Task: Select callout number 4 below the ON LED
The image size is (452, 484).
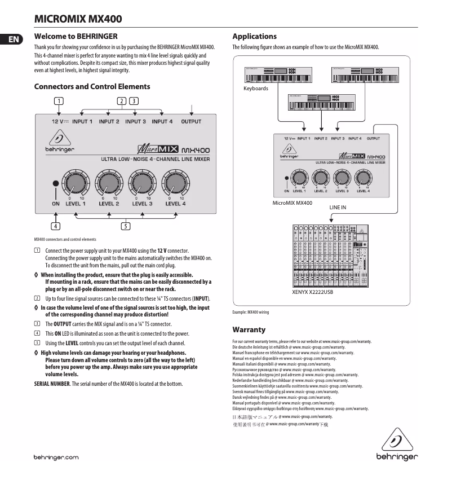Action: [x=55, y=227]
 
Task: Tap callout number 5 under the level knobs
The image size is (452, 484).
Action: [x=125, y=227]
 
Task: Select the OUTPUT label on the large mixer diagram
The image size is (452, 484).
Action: [x=191, y=121]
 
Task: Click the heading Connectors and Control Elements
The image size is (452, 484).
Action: [x=92, y=86]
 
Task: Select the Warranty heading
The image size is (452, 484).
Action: [x=249, y=329]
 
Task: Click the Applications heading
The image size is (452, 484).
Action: [x=254, y=36]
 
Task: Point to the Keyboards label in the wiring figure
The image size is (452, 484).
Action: [x=255, y=89]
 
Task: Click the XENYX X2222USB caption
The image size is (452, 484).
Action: [x=312, y=293]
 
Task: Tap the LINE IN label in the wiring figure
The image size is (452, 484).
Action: [x=338, y=208]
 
